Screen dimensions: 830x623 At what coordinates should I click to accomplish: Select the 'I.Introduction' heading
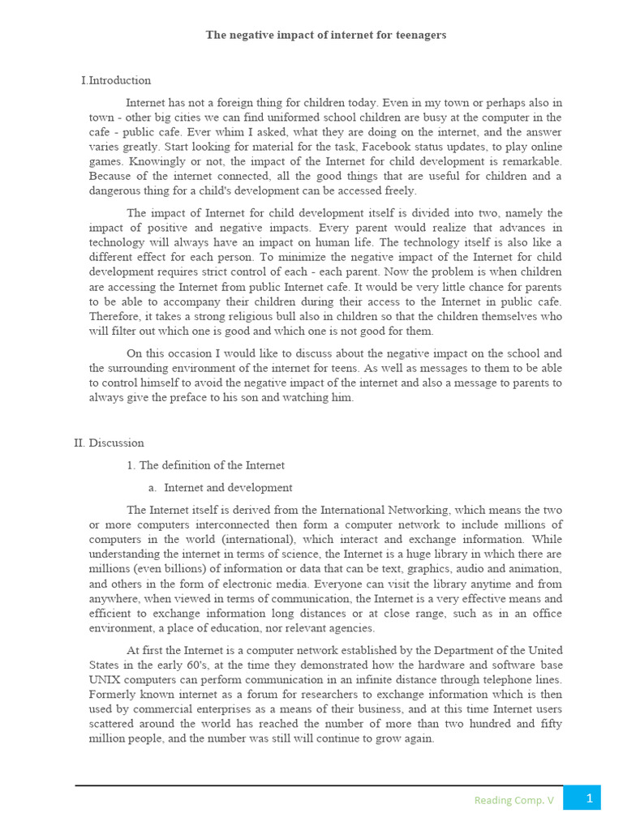coord(116,80)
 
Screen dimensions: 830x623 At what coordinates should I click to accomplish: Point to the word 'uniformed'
coord(296,118)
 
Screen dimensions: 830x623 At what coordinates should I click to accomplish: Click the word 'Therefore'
coord(114,316)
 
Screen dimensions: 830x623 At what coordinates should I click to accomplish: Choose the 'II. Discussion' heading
coord(109,443)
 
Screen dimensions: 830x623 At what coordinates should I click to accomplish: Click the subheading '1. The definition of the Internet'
coord(205,465)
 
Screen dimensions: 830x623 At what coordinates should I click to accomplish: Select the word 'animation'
coord(535,568)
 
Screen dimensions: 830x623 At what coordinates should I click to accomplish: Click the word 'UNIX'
coord(105,680)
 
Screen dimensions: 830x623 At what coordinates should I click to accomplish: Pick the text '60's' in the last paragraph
coord(195,665)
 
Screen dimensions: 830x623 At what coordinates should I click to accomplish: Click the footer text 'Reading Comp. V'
coord(514,800)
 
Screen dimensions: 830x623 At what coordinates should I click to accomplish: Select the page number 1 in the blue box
coord(589,798)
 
